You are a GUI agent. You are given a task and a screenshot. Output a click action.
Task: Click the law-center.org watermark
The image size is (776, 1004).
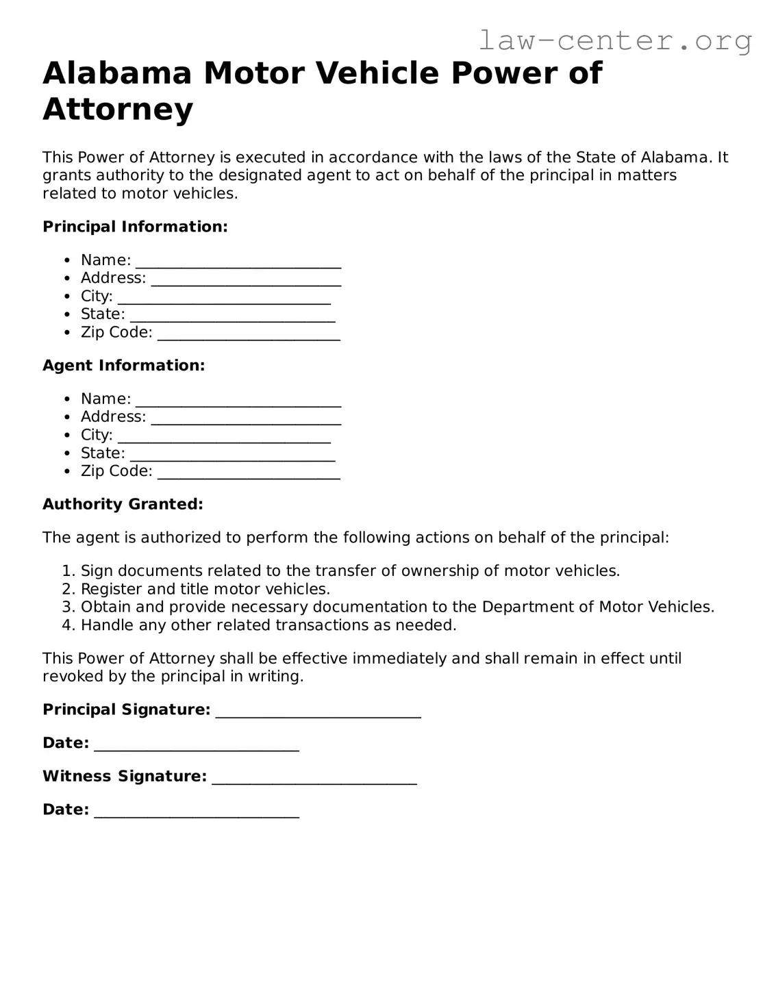[614, 40]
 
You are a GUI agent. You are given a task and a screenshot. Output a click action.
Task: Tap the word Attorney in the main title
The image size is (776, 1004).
[118, 109]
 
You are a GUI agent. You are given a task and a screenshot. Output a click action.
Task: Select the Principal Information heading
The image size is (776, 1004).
[135, 227]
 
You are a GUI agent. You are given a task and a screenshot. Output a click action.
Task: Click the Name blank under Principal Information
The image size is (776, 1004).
[238, 264]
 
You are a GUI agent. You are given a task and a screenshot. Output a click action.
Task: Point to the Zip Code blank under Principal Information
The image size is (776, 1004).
[249, 336]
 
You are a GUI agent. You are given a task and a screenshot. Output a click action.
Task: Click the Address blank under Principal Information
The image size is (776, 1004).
[246, 282]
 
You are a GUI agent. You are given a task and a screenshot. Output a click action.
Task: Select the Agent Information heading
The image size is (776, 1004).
[124, 366]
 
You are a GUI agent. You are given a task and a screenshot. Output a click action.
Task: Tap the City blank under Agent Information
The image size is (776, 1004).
[224, 439]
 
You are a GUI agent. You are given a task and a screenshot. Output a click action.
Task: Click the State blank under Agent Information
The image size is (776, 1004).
[232, 457]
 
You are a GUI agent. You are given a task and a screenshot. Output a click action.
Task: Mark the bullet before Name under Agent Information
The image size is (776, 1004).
[66, 399]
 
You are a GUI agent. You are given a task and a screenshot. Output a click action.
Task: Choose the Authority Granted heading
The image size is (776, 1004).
[123, 505]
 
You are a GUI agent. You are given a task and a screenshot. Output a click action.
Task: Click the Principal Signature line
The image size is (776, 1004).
[318, 714]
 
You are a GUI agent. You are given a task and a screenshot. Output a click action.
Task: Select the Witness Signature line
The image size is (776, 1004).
[314, 781]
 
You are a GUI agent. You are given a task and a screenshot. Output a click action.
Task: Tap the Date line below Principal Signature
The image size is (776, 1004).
[197, 747]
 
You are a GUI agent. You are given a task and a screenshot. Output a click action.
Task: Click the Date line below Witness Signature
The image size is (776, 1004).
[197, 814]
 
